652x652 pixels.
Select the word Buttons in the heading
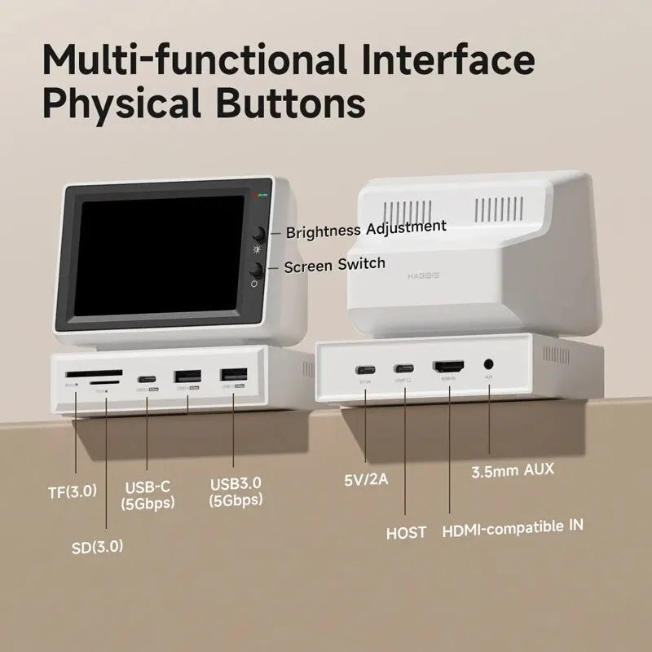point(285,104)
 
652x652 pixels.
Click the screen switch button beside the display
point(256,270)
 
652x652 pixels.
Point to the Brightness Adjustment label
point(366,229)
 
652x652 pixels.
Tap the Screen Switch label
point(335,265)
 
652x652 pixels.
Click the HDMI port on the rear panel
point(447,368)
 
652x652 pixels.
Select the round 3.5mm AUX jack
point(489,367)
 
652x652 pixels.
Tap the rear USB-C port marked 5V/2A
point(364,368)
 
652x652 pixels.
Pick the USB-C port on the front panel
point(147,379)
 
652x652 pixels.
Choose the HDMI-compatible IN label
point(513,526)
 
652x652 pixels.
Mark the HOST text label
point(406,533)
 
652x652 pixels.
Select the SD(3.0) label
point(97,546)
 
